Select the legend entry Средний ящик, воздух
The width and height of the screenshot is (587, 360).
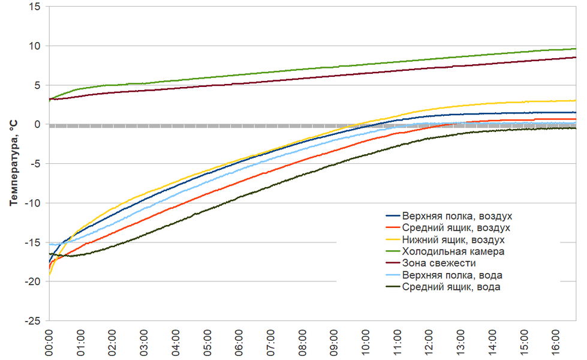coord(456,228)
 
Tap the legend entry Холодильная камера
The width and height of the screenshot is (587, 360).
coord(453,251)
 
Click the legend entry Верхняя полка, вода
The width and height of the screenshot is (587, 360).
coord(452,275)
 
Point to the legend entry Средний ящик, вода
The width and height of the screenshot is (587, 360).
coord(451,287)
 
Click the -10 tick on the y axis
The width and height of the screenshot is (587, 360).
coord(31,203)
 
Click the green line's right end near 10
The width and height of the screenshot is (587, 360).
coord(574,49)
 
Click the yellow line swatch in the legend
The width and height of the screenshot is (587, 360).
coord(392,240)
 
